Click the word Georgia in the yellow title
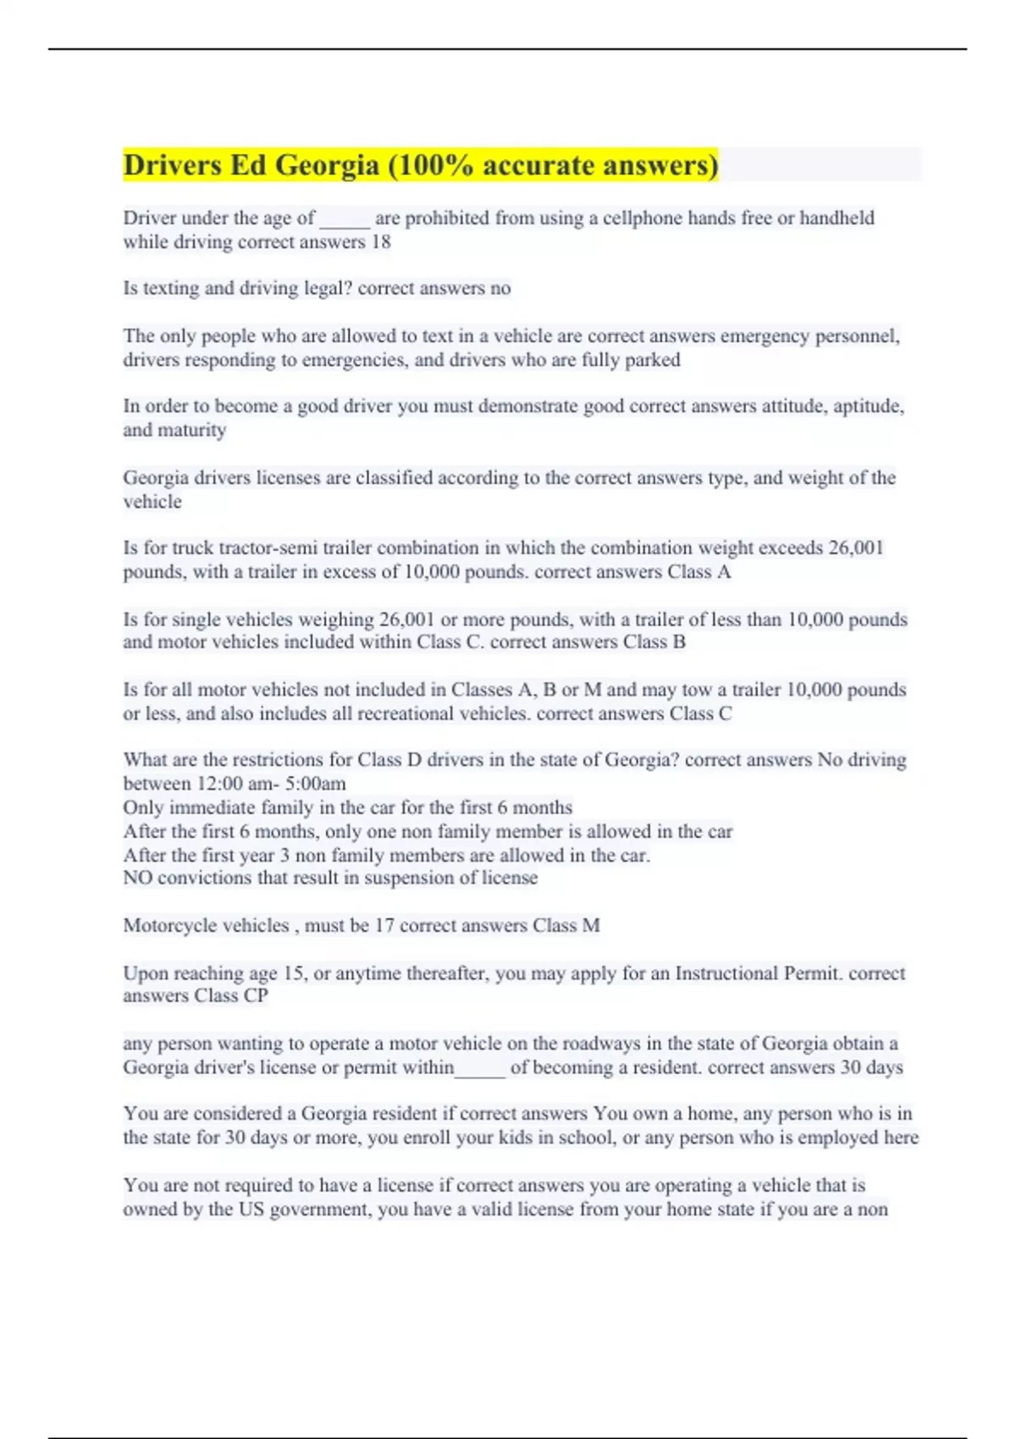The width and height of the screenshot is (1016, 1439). tap(327, 165)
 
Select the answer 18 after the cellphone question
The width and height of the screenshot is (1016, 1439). tap(381, 242)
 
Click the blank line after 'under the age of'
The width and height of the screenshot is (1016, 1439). tap(345, 218)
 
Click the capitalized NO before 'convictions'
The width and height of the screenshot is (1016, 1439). tap(137, 878)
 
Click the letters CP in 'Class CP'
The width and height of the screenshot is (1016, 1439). tap(256, 996)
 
